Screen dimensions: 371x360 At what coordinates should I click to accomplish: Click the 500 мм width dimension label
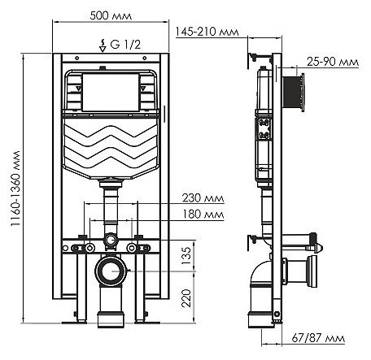tap(111, 15)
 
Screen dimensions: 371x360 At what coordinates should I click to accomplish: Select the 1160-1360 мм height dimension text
tap(15, 189)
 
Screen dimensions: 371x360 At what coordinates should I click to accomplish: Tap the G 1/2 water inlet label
tap(125, 45)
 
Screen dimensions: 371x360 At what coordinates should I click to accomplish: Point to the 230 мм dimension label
tap(203, 198)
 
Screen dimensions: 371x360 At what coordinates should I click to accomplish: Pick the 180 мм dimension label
tap(203, 215)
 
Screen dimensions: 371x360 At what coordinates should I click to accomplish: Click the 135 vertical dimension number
tap(186, 255)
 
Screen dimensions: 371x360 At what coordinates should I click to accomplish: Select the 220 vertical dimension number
tap(186, 298)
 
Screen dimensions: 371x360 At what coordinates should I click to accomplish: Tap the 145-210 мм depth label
tap(207, 32)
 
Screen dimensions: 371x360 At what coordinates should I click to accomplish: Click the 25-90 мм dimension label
tap(333, 62)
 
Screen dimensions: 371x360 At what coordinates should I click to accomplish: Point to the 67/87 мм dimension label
tap(318, 338)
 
